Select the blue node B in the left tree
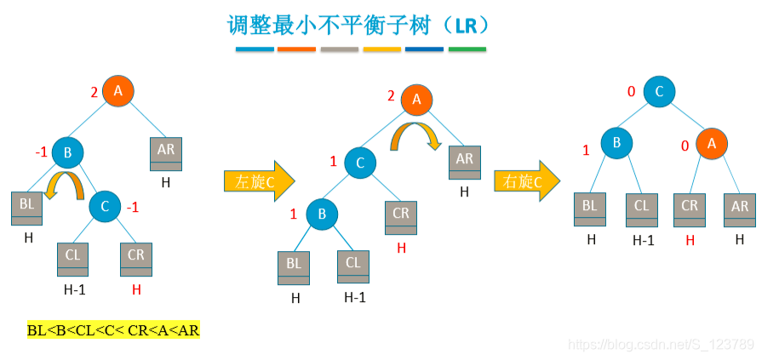point(67,153)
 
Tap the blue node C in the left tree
point(105,205)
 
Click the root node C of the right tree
point(660,92)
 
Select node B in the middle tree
point(323,214)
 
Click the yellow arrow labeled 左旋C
point(259,181)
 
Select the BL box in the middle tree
point(294,267)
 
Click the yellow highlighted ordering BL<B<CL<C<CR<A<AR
point(113,330)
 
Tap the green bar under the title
point(467,49)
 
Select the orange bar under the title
point(297,49)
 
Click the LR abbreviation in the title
point(466,25)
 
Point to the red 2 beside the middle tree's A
point(391,95)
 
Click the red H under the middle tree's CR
point(402,248)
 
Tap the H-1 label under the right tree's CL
point(644,241)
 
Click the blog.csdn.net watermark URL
point(661,345)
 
